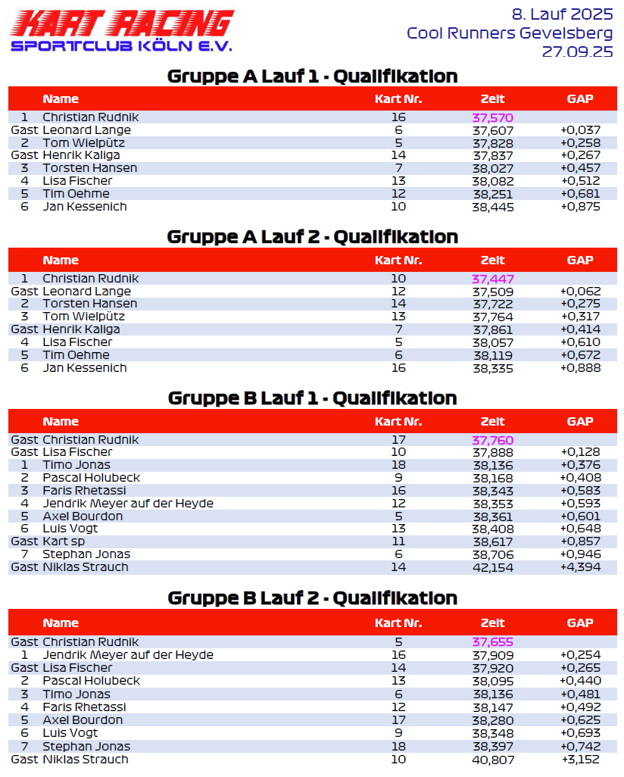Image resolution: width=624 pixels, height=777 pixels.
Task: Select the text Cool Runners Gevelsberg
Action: tap(509, 33)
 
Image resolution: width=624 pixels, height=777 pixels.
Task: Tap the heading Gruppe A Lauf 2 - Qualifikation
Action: tap(312, 237)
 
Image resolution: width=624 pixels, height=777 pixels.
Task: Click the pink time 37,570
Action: tap(492, 117)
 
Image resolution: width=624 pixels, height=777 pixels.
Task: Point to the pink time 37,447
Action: tap(492, 279)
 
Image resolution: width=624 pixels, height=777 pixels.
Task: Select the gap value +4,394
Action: tap(580, 567)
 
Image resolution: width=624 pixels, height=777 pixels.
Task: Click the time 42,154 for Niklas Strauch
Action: tap(492, 567)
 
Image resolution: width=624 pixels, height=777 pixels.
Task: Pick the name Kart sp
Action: tap(64, 541)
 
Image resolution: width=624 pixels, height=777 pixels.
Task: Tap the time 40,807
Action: tap(492, 760)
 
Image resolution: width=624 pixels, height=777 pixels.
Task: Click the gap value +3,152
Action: tap(580, 760)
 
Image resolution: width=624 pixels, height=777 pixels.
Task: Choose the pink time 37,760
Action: tap(492, 440)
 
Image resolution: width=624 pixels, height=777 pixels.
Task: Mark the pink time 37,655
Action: tap(492, 642)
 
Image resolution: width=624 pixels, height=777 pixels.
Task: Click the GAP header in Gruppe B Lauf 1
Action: tap(580, 422)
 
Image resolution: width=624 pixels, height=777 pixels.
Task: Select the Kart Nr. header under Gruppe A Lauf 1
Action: tap(398, 99)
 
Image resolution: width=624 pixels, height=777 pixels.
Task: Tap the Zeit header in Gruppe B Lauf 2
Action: tap(492, 623)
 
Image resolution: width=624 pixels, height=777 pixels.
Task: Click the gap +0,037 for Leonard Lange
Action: tap(580, 130)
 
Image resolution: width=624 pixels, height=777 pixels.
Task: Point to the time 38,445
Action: tap(492, 207)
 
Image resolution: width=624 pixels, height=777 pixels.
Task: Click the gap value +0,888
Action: tap(580, 368)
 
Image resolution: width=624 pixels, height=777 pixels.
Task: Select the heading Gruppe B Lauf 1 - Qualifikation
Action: tap(312, 398)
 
